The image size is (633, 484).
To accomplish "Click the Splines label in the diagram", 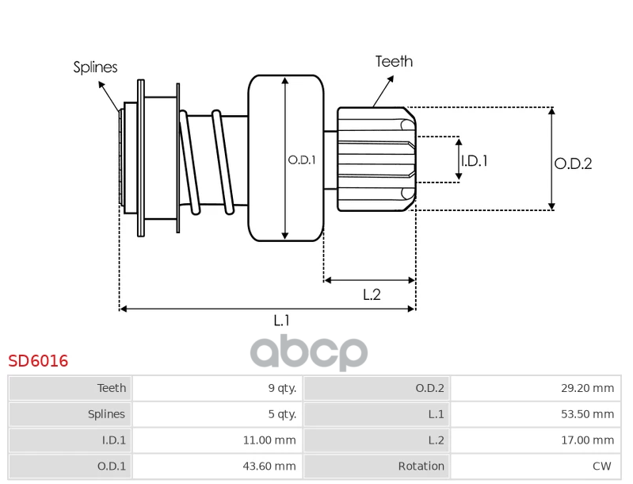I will click(95, 67).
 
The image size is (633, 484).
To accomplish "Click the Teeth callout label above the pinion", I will click(394, 61).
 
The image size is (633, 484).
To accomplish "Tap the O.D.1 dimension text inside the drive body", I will click(301, 159).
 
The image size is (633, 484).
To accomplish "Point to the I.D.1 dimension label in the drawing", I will click(474, 160).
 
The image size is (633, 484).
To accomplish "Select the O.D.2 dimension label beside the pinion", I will click(573, 164).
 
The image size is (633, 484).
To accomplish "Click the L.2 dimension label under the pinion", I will click(372, 294).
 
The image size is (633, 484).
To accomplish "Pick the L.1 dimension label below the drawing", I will click(281, 321).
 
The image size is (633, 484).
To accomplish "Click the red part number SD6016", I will click(38, 361).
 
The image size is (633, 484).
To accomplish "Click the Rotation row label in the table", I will click(376, 466).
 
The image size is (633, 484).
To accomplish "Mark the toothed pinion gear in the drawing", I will click(375, 159).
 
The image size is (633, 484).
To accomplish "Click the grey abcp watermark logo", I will click(309, 351).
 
